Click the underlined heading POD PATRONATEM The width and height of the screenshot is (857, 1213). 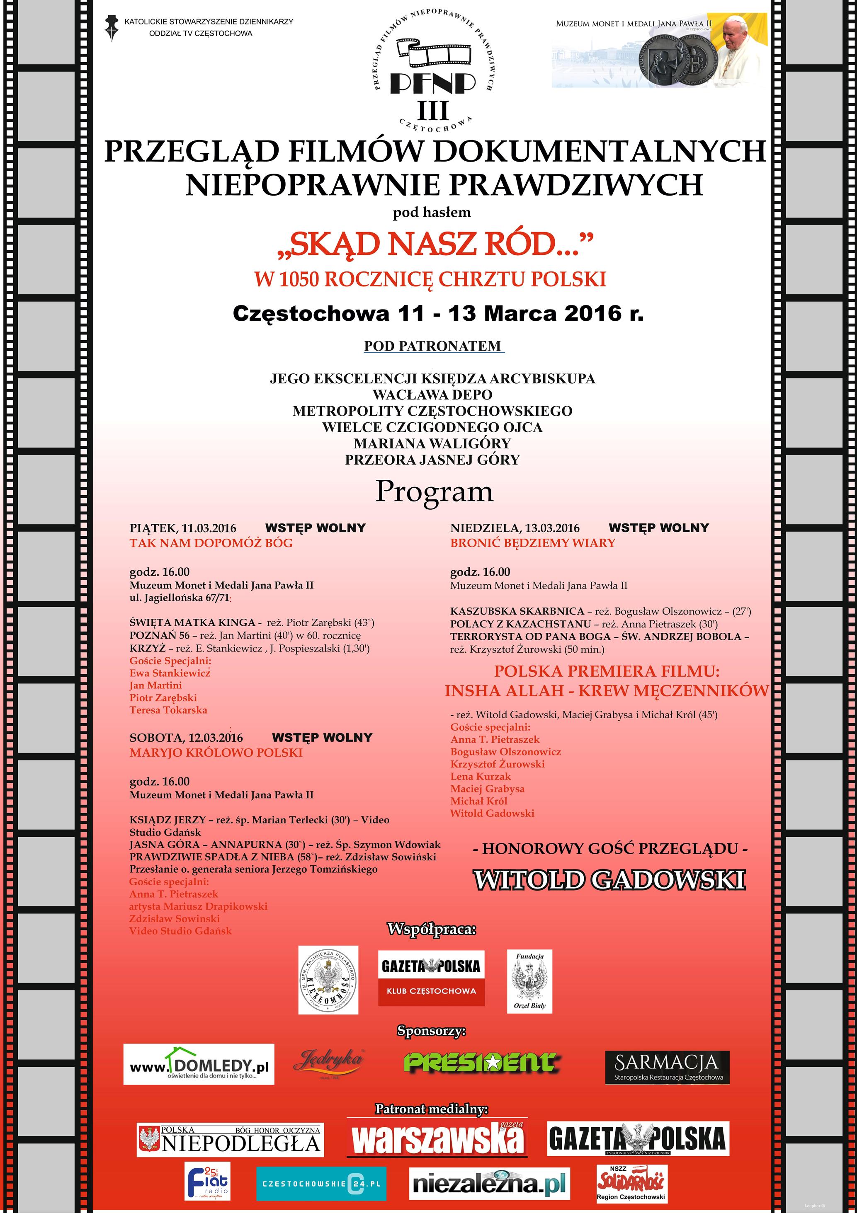pyautogui.click(x=433, y=346)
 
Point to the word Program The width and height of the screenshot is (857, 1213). pyautogui.click(x=434, y=492)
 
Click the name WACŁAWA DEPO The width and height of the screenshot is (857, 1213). pyautogui.click(x=432, y=395)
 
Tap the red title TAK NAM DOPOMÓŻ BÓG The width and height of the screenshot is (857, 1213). pyautogui.click(x=211, y=543)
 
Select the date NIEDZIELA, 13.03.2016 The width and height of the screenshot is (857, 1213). pyautogui.click(x=515, y=528)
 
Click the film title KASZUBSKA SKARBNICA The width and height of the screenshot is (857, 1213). pyautogui.click(x=517, y=611)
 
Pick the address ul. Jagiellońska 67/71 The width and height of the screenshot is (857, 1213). pyautogui.click(x=180, y=598)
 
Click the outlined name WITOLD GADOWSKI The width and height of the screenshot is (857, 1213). pyautogui.click(x=609, y=881)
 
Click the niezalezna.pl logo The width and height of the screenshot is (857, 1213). pyautogui.click(x=489, y=1184)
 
